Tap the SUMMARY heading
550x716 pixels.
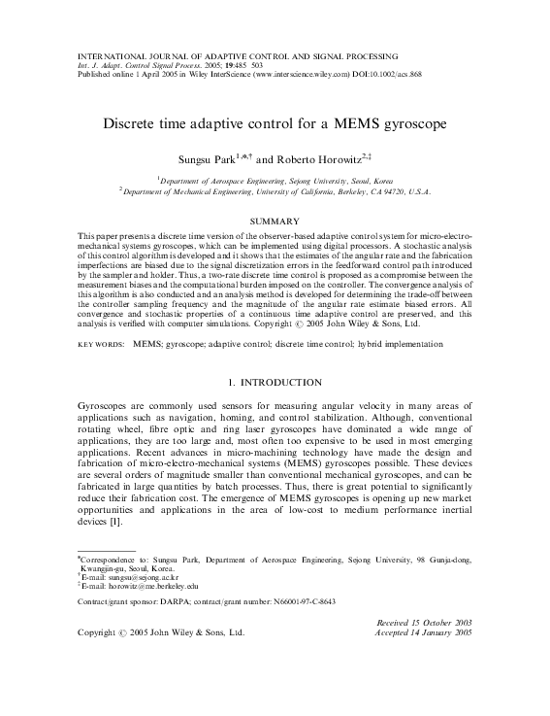(275, 221)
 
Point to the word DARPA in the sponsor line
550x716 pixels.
(171, 603)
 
